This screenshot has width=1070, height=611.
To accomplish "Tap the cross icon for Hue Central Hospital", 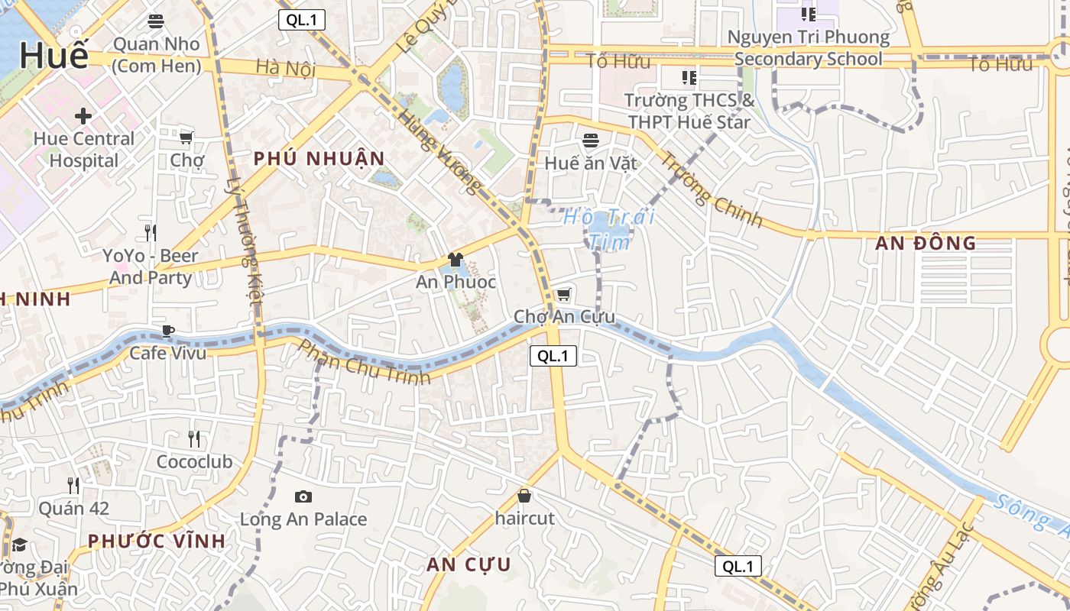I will [83, 116].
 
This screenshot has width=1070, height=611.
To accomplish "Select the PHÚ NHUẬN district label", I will [319, 159].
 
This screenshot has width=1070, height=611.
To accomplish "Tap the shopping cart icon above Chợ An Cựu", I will [564, 294].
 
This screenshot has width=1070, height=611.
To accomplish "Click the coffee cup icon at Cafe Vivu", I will [167, 331].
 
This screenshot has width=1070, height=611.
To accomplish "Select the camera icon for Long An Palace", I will [303, 497].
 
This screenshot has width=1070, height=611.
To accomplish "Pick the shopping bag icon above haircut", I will [524, 496].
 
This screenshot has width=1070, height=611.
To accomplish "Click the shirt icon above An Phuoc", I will [456, 260].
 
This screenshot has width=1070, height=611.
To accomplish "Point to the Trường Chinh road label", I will [712, 190].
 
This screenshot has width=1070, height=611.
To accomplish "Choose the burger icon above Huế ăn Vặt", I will [590, 141].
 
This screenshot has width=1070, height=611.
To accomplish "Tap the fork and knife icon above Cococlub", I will [194, 438].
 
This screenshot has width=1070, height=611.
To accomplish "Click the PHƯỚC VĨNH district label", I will [157, 541].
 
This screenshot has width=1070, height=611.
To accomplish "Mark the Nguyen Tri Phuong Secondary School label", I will [809, 48].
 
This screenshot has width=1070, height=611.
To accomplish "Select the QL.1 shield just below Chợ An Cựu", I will [553, 355].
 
